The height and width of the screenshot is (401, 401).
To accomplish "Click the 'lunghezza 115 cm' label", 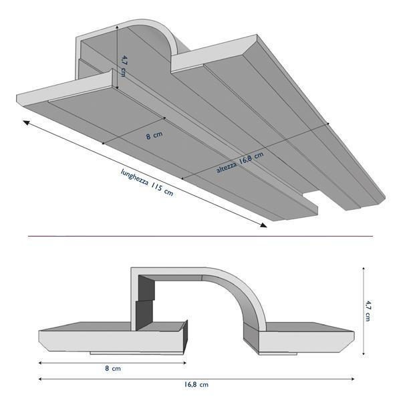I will (146, 180).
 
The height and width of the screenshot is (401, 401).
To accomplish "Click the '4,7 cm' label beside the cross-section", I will (368, 311).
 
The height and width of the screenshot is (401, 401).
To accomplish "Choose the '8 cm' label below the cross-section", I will (112, 368).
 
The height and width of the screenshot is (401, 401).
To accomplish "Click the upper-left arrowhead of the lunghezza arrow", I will (26, 122).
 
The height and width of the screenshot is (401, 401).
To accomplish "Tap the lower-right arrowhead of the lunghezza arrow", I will (264, 226).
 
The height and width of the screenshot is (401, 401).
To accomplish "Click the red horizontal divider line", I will (200, 236).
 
